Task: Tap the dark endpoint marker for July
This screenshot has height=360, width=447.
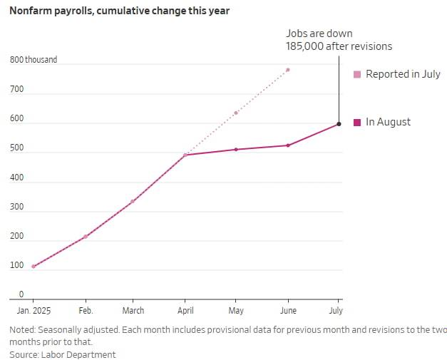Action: [x=339, y=124]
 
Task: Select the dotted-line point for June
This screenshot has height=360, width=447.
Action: [x=288, y=70]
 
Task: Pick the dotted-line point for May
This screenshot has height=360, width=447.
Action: [x=236, y=113]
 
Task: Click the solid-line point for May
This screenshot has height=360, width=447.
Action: [x=236, y=150]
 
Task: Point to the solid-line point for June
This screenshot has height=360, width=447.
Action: [x=288, y=145]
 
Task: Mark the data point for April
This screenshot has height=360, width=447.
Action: [x=185, y=155]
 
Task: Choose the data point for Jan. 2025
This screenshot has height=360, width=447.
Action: [x=34, y=267]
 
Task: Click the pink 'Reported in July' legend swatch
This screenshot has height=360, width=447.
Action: [x=358, y=74]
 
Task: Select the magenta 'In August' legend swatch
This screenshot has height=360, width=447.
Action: [x=358, y=122]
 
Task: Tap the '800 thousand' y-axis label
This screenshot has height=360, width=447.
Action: [x=34, y=60]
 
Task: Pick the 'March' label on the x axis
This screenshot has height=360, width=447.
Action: [x=133, y=311]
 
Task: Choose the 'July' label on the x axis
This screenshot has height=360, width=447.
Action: [x=336, y=311]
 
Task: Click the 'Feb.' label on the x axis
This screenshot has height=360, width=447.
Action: [x=86, y=311]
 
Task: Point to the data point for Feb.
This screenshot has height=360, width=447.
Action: [x=86, y=237]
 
